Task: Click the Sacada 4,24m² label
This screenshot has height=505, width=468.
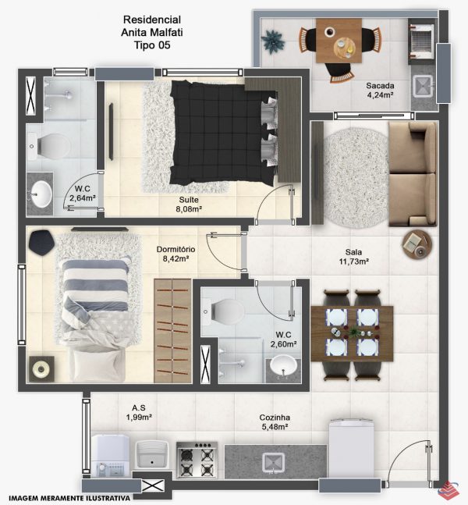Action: (x=380, y=91)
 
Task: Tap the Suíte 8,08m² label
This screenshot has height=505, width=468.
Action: (x=189, y=204)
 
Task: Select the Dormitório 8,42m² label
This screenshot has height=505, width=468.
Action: (x=175, y=254)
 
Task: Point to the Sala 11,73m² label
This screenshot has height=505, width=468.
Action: (x=353, y=257)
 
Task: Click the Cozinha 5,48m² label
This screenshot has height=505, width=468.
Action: (x=275, y=422)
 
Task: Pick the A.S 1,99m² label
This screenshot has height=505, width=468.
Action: (x=139, y=413)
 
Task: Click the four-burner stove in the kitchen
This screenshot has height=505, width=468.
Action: (x=197, y=460)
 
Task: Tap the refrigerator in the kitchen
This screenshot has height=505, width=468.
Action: (x=352, y=449)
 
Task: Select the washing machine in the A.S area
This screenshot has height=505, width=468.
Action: (x=111, y=456)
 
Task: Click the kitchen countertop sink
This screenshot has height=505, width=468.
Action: (x=273, y=463)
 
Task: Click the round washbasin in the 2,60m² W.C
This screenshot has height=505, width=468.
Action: (x=283, y=365)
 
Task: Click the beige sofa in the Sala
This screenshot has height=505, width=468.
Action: (x=413, y=174)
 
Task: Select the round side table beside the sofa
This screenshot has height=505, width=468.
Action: (x=417, y=245)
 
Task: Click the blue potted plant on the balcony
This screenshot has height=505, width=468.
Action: (x=273, y=42)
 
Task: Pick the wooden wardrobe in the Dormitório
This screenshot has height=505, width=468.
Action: (x=173, y=331)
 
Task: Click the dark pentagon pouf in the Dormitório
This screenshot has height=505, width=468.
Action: (x=41, y=243)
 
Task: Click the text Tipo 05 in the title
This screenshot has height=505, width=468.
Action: (x=152, y=45)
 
